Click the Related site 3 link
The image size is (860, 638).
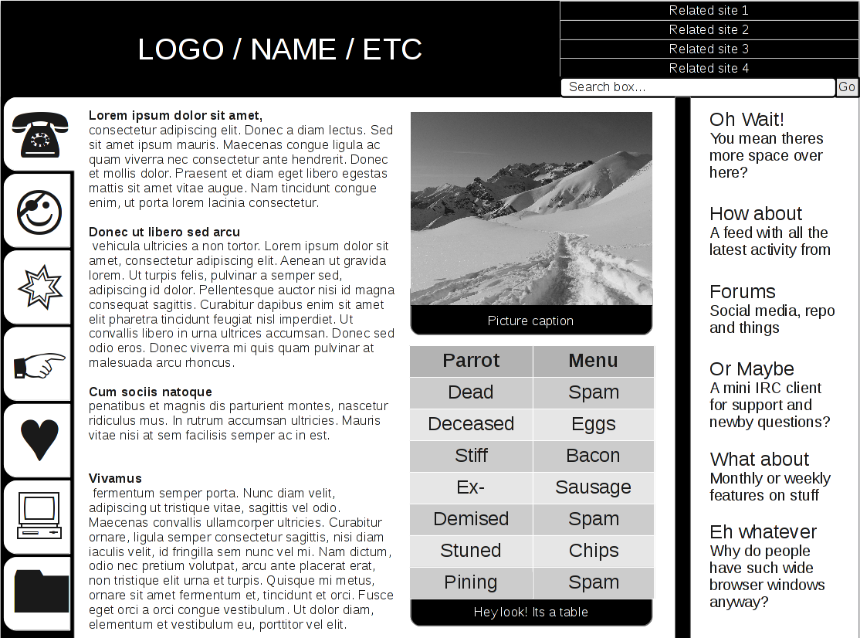[x=709, y=49]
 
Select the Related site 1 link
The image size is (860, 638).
[x=709, y=11]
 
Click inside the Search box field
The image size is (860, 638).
[x=698, y=87]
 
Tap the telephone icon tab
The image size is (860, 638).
[x=39, y=134]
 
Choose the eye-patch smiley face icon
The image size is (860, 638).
[x=39, y=211]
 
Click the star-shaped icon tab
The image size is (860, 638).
[x=39, y=287]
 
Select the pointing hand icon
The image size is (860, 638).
[x=39, y=365]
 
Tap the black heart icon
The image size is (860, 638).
[x=39, y=440]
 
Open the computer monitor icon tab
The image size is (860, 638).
[x=39, y=517]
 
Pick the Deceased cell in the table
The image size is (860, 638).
[x=471, y=424]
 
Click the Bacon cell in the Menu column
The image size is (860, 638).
[x=593, y=456]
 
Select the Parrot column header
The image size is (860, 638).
[x=471, y=361]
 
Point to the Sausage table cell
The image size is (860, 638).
[x=593, y=487]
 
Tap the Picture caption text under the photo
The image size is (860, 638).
[x=530, y=321]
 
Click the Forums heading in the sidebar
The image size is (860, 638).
[x=743, y=292]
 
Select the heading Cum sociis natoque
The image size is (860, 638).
[x=151, y=392]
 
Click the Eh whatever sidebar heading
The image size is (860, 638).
[x=763, y=532]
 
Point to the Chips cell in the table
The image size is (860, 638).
[x=593, y=551]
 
